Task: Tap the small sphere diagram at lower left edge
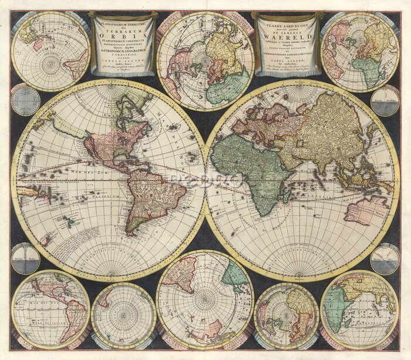coord(25,258)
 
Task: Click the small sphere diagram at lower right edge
coord(385,259)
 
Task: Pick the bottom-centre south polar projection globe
coord(205,300)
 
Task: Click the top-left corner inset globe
coord(50,51)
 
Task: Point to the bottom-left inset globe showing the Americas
coord(50,309)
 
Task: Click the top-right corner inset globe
coord(360,52)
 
